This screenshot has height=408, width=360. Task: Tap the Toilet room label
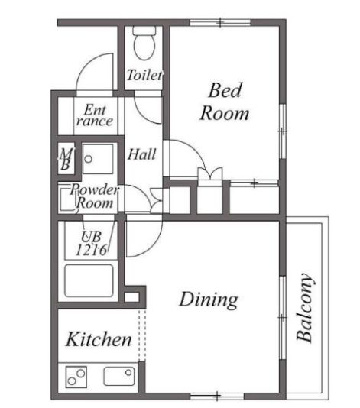[x=144, y=75]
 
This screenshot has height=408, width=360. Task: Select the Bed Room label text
[x=225, y=102]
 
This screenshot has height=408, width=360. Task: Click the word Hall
[x=142, y=154]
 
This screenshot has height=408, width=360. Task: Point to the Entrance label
[x=95, y=115]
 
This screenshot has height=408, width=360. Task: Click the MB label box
[x=66, y=159]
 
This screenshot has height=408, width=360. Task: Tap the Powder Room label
[x=95, y=196]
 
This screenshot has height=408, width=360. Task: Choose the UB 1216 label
[x=92, y=243]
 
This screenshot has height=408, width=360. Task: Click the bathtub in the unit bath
[x=89, y=280]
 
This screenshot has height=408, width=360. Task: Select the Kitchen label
[x=99, y=339]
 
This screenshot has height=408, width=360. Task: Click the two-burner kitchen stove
[x=76, y=377]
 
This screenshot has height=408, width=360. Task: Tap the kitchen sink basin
[x=119, y=376]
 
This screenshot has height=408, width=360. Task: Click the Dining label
[x=209, y=300]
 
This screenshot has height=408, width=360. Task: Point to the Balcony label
[x=304, y=307]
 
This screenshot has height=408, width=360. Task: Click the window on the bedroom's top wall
[x=220, y=22]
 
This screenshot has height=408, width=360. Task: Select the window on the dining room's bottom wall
[x=217, y=397]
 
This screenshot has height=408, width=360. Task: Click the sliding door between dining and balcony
[x=283, y=317]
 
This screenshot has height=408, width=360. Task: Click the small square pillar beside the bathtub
[x=131, y=297]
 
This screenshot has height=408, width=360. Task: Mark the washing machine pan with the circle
[x=98, y=159]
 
